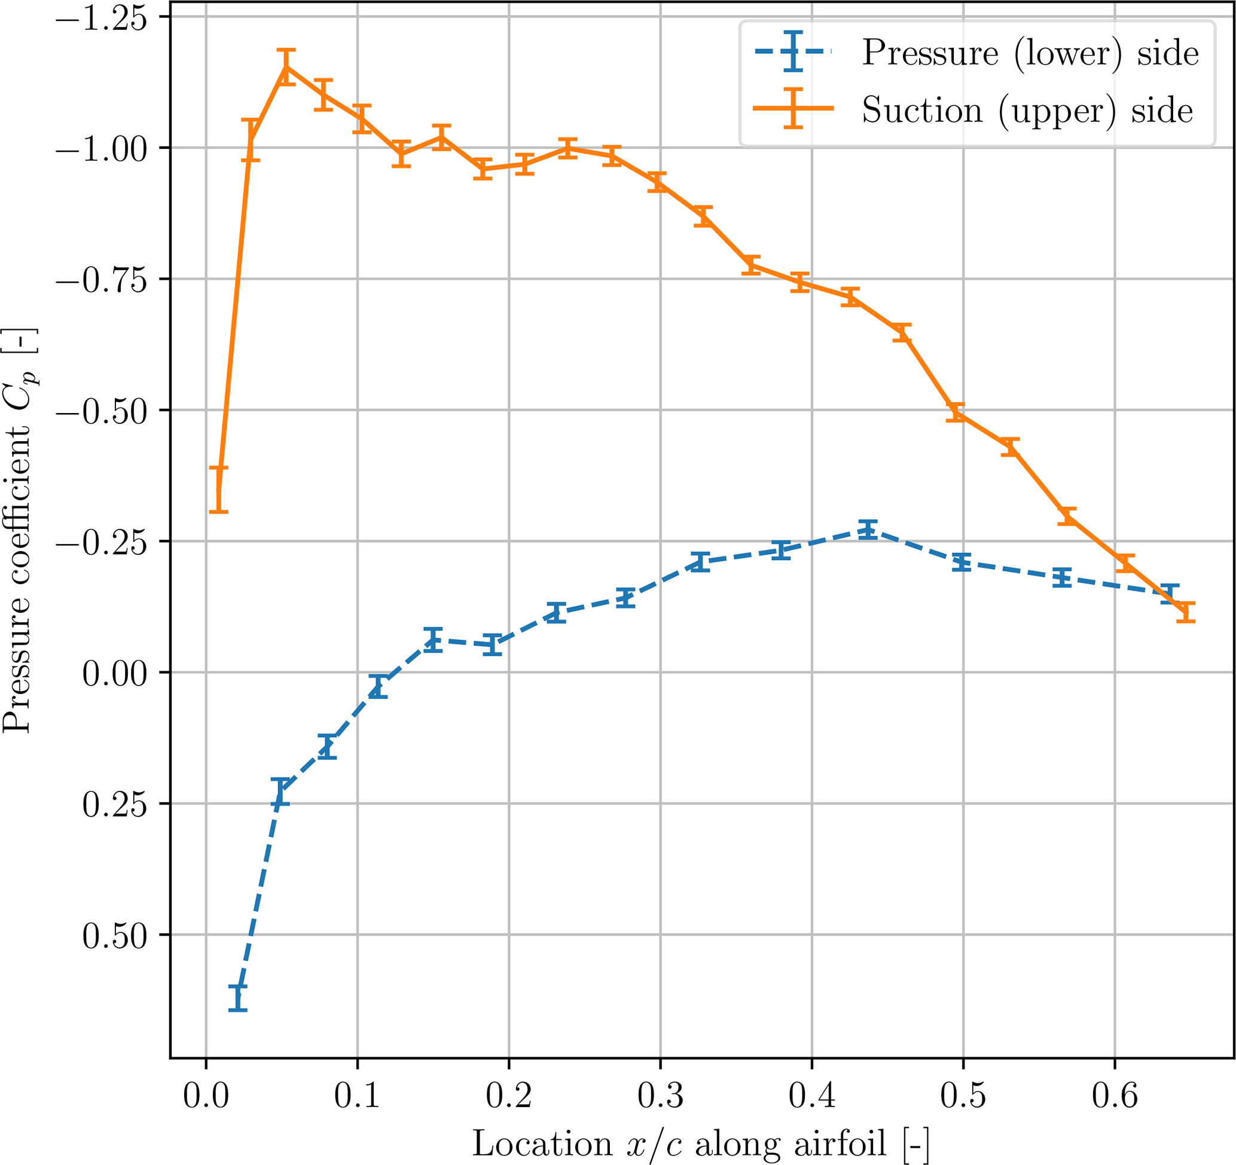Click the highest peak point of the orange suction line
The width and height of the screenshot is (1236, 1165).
[x=286, y=66]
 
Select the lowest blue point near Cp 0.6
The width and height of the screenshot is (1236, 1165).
[x=237, y=998]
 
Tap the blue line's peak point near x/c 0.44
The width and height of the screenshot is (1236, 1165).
[x=868, y=530]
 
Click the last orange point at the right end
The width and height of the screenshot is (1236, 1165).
[x=1186, y=612]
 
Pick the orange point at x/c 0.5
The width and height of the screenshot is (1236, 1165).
[x=956, y=412]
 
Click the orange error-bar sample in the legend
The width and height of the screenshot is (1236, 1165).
[x=793, y=108]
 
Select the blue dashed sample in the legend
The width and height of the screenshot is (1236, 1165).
[x=793, y=51]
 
